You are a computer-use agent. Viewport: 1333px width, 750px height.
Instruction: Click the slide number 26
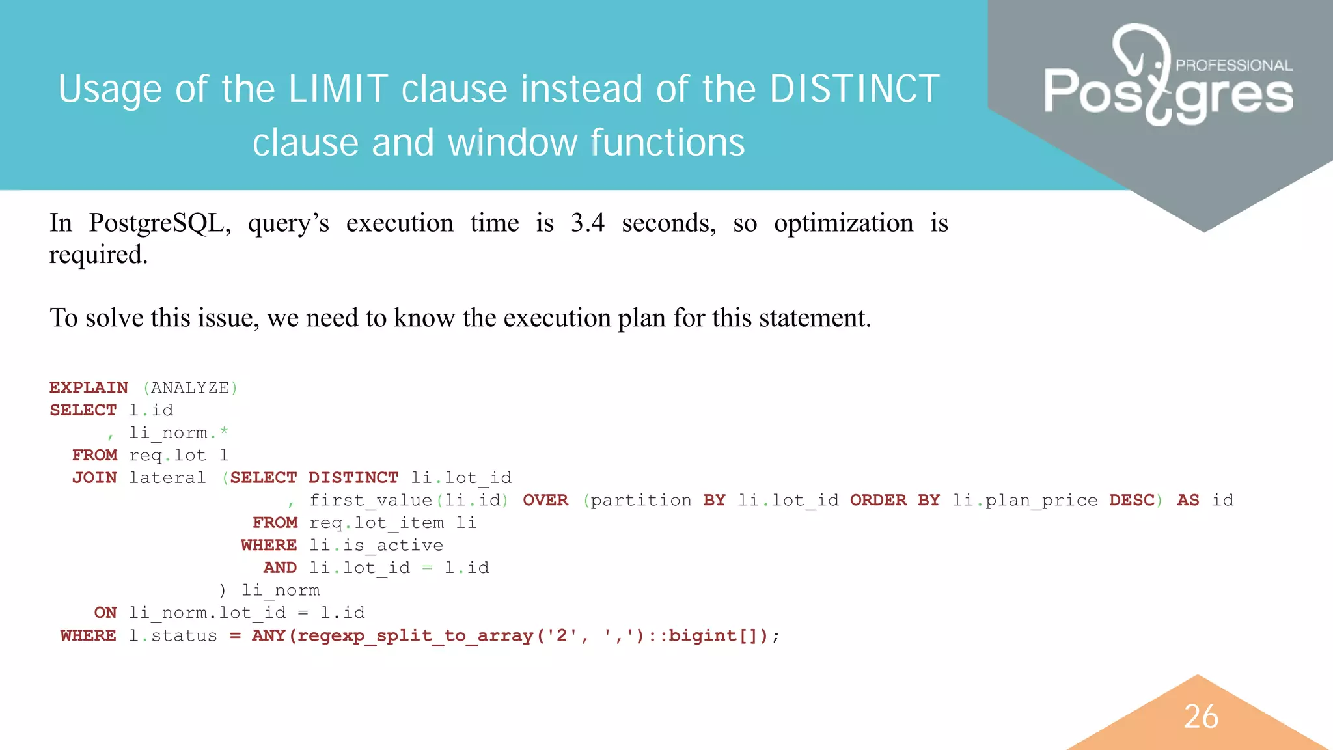(x=1201, y=717)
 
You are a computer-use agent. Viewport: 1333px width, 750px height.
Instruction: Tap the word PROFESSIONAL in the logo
(x=1233, y=66)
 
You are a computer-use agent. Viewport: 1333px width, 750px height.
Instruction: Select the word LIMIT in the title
(x=338, y=89)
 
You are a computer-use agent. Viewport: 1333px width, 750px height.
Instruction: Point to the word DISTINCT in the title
(x=855, y=89)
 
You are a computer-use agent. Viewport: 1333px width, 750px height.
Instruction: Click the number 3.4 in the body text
(x=587, y=223)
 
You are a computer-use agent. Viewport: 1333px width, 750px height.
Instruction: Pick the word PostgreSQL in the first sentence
(x=159, y=223)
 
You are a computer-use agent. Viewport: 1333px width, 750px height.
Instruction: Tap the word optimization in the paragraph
(x=844, y=223)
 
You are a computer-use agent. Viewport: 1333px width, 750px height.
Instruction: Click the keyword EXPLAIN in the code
(x=89, y=388)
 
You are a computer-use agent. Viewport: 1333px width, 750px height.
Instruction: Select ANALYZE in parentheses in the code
(x=190, y=388)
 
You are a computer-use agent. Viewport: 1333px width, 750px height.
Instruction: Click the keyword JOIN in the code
(x=94, y=478)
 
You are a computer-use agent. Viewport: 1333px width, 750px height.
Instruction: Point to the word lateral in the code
(x=167, y=478)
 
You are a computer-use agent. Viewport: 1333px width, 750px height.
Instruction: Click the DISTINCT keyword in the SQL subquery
(x=353, y=478)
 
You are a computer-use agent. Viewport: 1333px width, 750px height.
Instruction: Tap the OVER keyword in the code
(x=545, y=501)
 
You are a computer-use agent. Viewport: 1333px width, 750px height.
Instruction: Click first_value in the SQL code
(x=370, y=501)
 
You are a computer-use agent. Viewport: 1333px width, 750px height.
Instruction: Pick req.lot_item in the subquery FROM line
(x=376, y=523)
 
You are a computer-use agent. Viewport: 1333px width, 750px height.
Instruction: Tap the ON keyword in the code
(x=105, y=613)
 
